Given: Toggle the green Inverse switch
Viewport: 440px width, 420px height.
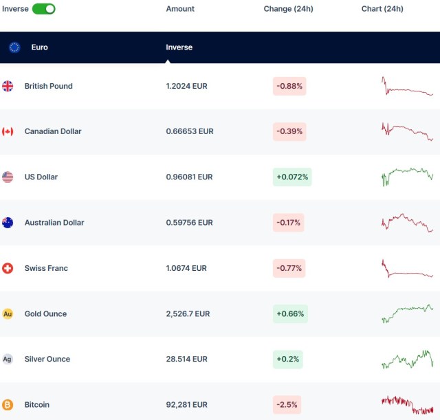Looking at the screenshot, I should (43, 9).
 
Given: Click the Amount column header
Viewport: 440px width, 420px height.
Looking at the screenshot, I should (180, 9).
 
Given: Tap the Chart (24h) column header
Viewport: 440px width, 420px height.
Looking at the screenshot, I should (382, 9).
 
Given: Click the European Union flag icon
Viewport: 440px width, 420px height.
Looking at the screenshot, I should (14, 47).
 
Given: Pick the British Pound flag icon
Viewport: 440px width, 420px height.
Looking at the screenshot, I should (8, 86).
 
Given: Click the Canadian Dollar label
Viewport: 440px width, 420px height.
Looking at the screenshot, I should (53, 131).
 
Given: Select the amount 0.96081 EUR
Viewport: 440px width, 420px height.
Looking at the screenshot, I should (189, 177).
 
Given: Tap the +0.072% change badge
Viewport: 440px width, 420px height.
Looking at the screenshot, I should (293, 177).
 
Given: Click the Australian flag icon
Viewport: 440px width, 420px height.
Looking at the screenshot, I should (8, 223).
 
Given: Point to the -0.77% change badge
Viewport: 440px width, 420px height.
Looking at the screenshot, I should (289, 268).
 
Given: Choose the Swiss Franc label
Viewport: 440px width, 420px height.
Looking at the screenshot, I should (46, 268).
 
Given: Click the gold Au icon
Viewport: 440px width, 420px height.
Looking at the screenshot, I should (8, 314).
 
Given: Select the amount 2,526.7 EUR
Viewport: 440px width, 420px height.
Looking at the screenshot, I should (188, 313).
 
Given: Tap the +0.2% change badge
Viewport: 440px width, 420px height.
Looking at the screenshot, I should (287, 359).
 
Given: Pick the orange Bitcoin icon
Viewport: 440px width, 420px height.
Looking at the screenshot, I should (8, 405).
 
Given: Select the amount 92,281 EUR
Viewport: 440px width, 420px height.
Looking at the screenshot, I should (186, 404).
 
